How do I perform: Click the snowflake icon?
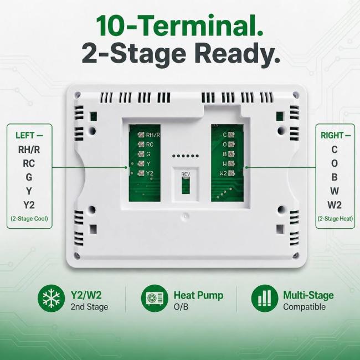pos(51,298)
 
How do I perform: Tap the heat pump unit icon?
pos(155,298)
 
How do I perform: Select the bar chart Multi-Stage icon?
pos(265,298)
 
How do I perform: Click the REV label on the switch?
pos(186,174)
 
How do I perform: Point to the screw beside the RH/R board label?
pos(141,135)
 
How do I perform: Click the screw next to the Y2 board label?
pos(141,173)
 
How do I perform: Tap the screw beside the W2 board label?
pos(232,173)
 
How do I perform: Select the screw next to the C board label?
pos(232,135)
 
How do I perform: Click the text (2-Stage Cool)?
pos(29,218)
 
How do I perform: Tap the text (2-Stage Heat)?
pos(335,218)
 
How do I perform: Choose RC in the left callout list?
pos(29,163)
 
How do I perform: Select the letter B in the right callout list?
pos(335,177)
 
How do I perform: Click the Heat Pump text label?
pos(198,295)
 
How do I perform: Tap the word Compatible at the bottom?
pos(304,307)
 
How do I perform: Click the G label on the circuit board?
pos(148,154)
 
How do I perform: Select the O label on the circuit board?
pos(225,144)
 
